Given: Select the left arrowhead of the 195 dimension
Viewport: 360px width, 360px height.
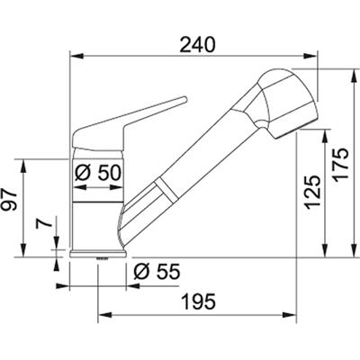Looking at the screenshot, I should (x=100, y=316).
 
